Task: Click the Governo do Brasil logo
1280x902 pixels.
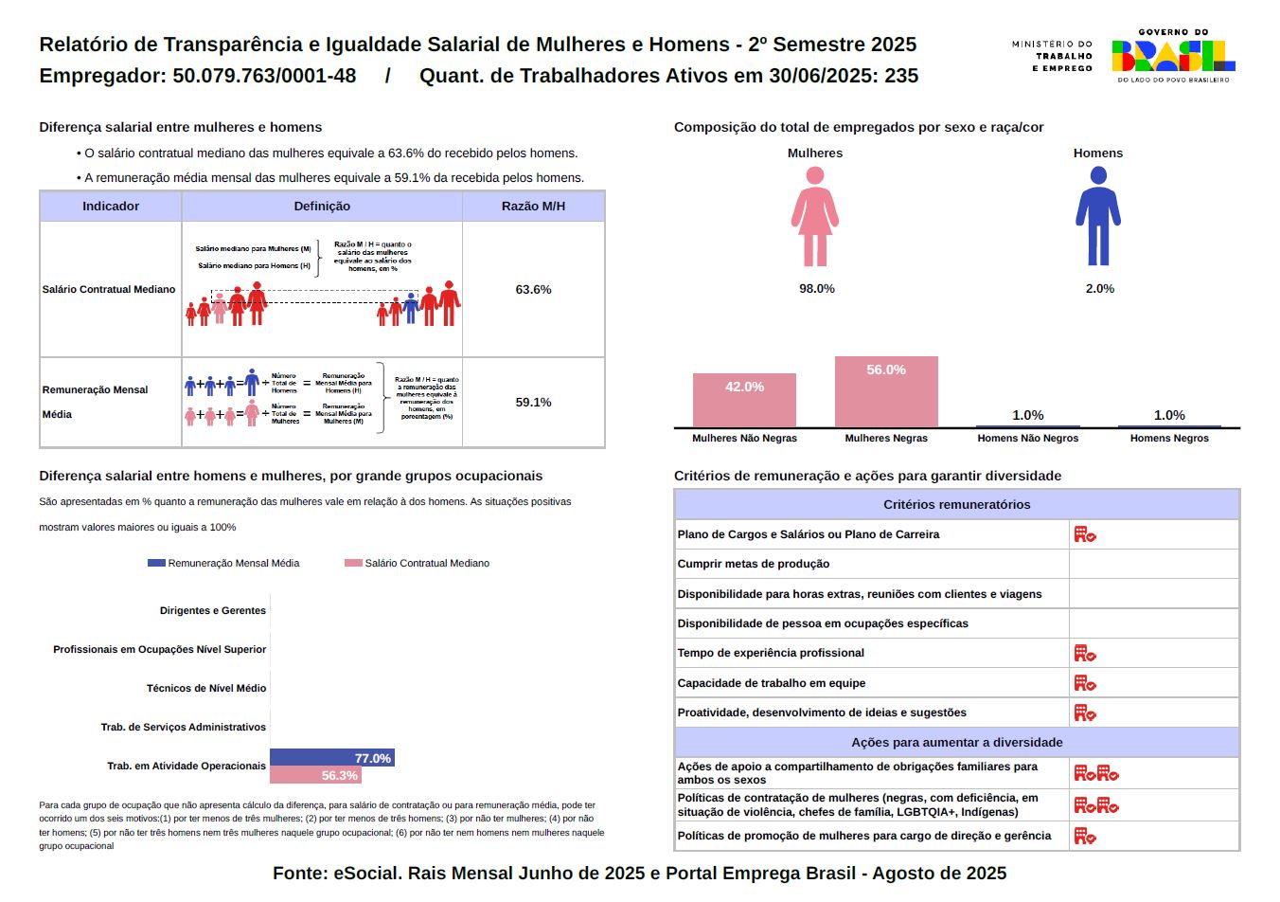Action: click(1173, 56)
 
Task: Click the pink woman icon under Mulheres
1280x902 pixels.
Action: click(814, 216)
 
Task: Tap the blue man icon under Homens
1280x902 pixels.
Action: click(1097, 216)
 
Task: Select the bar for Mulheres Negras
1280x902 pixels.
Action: click(886, 392)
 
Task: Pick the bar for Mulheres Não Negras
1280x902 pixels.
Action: click(744, 400)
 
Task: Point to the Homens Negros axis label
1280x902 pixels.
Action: click(1169, 439)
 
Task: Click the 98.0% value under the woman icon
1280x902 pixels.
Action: click(816, 289)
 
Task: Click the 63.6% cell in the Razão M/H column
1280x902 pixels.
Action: click(533, 290)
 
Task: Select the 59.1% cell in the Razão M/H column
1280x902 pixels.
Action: click(533, 403)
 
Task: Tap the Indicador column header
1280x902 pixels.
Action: click(111, 207)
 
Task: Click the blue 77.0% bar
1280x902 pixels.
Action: click(331, 758)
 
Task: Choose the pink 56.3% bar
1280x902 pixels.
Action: click(315, 775)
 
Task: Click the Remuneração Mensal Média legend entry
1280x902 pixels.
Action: click(224, 564)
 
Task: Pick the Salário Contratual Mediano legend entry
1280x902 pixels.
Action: click(418, 564)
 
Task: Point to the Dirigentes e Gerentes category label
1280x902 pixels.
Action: click(213, 611)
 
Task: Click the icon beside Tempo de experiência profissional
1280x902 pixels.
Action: click(1084, 654)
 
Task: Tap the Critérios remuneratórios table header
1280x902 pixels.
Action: click(956, 505)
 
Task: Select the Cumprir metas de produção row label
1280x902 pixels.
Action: click(754, 565)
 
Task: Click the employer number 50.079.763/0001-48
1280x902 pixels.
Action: click(264, 76)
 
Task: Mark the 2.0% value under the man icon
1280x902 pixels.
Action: click(1099, 289)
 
